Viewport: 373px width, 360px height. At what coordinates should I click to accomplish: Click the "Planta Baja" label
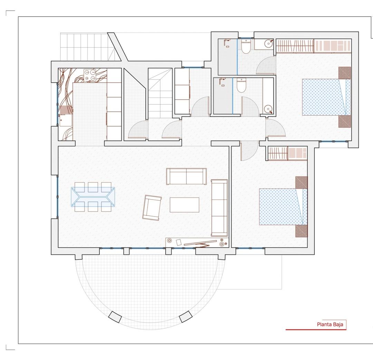click(329, 325)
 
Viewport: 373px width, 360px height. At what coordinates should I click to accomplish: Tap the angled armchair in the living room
click(152, 207)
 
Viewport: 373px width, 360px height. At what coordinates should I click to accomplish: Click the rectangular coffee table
click(184, 204)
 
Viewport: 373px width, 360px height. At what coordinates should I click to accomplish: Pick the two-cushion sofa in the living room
click(186, 176)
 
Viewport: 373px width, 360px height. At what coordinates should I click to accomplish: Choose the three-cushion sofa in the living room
click(219, 207)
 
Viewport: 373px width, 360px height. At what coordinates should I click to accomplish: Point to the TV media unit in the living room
click(197, 242)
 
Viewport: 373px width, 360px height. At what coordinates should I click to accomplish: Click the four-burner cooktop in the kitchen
click(90, 75)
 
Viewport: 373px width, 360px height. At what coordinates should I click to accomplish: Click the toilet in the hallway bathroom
click(241, 85)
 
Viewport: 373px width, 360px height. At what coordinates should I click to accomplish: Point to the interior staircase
click(160, 93)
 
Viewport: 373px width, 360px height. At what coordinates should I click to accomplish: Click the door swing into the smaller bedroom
click(248, 151)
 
